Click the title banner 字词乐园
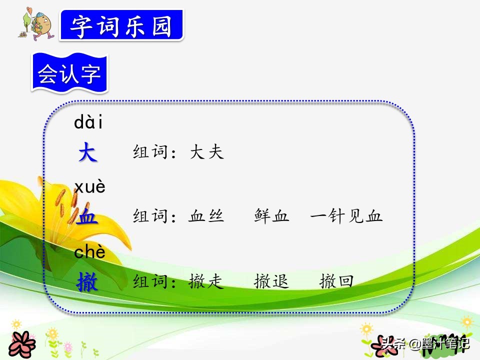[122, 25]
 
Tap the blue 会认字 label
[70, 73]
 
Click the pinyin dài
[88, 121]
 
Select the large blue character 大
[88, 152]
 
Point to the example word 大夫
[207, 152]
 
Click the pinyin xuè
[89, 186]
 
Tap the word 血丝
[206, 216]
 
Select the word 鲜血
[271, 216]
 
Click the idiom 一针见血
[346, 216]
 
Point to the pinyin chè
[89, 251]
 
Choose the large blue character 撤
[87, 281]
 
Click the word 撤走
[206, 281]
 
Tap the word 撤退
[271, 281]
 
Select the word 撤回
[336, 281]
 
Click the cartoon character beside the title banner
[36, 24]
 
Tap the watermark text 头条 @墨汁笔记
[425, 344]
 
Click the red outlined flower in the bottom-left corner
[21, 344]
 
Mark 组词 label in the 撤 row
[150, 281]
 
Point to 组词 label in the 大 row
[150, 152]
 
